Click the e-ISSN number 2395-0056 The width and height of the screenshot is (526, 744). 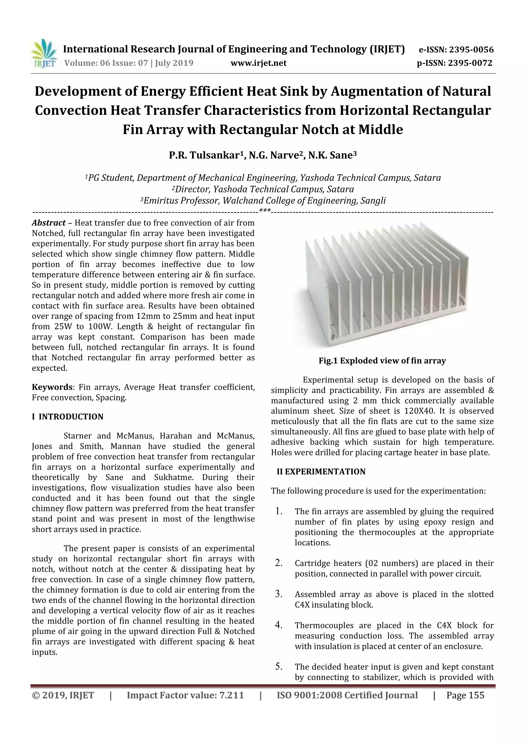click(471, 50)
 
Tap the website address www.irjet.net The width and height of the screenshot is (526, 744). click(258, 63)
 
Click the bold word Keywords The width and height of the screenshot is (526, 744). click(52, 387)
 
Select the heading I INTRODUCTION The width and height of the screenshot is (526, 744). click(68, 417)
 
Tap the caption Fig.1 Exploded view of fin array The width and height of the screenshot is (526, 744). click(382, 361)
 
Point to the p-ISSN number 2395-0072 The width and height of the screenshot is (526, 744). click(470, 63)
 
